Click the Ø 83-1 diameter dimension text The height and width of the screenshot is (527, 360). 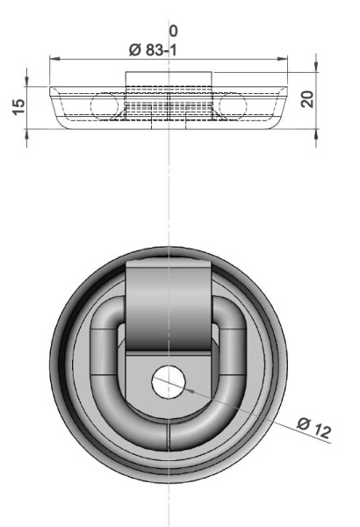[x=153, y=50]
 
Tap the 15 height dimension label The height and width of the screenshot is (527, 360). [x=18, y=107]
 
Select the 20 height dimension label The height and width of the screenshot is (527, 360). [x=307, y=99]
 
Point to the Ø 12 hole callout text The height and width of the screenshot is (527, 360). [x=314, y=428]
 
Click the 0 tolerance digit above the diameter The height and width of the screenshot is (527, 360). [x=173, y=32]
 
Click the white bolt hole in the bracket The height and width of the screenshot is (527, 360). [x=169, y=382]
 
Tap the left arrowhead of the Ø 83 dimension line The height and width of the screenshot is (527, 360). [x=54, y=59]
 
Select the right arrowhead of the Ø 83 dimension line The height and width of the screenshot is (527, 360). [x=283, y=59]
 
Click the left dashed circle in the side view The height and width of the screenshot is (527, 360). [x=104, y=106]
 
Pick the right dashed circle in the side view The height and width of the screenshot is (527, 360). [x=233, y=106]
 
